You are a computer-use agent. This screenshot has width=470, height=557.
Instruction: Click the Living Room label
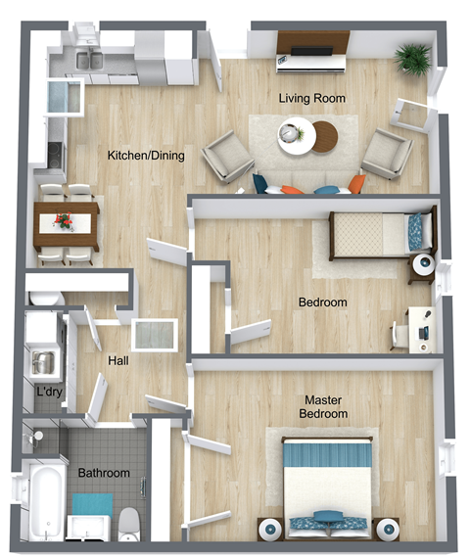click(311, 99)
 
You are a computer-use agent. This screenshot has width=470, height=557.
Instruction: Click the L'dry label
click(49, 394)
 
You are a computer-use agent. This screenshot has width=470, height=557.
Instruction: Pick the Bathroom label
click(104, 473)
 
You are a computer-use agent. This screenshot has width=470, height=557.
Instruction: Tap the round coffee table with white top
click(294, 134)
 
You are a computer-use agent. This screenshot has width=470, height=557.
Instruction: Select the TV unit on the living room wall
click(312, 52)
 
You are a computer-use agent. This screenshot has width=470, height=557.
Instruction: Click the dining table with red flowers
click(68, 223)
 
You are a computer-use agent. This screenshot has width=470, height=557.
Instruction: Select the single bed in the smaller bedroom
click(380, 234)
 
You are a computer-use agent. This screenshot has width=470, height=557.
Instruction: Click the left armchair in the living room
click(227, 157)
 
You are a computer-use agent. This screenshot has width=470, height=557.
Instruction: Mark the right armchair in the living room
click(386, 152)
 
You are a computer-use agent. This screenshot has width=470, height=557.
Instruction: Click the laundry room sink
click(43, 363)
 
